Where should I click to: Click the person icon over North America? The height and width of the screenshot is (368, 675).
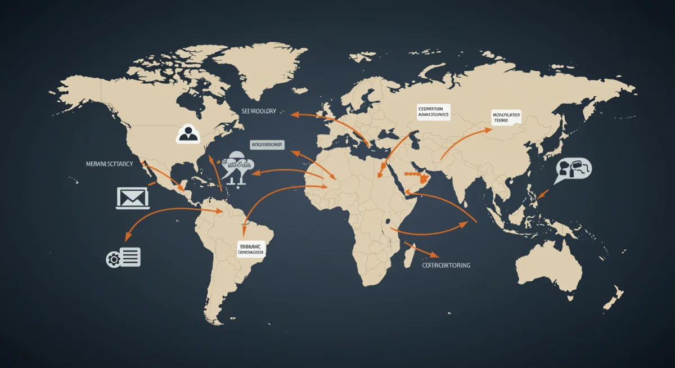click(x=188, y=134)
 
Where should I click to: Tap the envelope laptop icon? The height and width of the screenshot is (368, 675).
click(x=132, y=198)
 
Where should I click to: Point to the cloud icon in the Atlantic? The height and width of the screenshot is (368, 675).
click(x=237, y=164)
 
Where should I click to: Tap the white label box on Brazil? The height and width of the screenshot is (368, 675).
click(x=250, y=249)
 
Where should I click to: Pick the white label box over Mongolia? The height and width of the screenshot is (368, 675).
click(x=507, y=116)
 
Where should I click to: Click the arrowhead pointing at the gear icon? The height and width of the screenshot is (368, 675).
click(x=128, y=236)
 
